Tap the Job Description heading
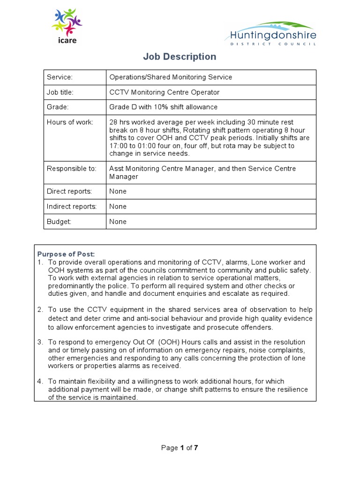click(180, 57)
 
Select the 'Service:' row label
click(60, 77)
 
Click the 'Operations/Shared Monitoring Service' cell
click(171, 77)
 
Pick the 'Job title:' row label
click(60, 92)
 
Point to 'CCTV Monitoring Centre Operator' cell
click(164, 92)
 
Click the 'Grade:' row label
click(58, 107)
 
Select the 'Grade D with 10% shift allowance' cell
click(163, 107)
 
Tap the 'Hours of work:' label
click(70, 122)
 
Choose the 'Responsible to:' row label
click(71, 169)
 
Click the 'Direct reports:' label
click(69, 191)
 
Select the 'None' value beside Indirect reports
click(118, 206)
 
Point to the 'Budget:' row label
click(59, 222)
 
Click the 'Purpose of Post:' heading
click(66, 254)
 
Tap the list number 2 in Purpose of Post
click(40, 310)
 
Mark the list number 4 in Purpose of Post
click(40, 381)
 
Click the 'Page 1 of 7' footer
click(180, 448)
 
